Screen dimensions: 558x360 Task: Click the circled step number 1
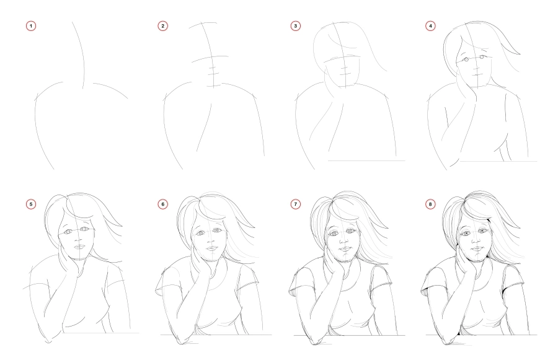pyautogui.click(x=31, y=26)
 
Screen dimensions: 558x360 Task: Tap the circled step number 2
pyautogui.click(x=162, y=26)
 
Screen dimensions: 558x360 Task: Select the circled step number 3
pyautogui.click(x=295, y=26)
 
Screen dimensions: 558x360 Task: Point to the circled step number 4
pyautogui.click(x=430, y=26)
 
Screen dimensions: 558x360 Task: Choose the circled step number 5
pyautogui.click(x=31, y=204)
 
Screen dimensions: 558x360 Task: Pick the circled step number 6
pyautogui.click(x=162, y=204)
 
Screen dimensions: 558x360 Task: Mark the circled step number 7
pyautogui.click(x=295, y=204)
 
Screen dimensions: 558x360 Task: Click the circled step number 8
pyautogui.click(x=430, y=204)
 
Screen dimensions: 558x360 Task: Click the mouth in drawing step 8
pyautogui.click(x=476, y=248)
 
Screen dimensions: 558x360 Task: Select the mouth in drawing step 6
pyautogui.click(x=212, y=248)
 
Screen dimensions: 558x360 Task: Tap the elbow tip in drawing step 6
pyautogui.click(x=181, y=342)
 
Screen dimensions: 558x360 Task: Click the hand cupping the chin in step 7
pyautogui.click(x=335, y=265)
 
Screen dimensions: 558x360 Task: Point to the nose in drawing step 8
pyautogui.click(x=475, y=240)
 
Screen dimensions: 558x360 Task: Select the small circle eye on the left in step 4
pyautogui.click(x=466, y=59)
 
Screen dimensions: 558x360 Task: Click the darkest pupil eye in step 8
pyautogui.click(x=482, y=231)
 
